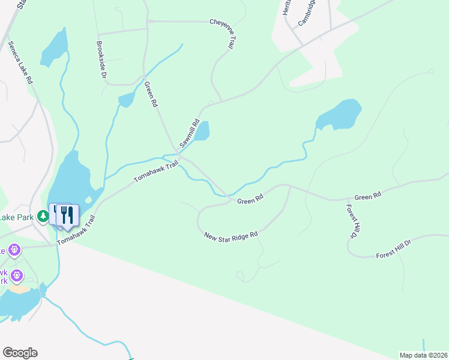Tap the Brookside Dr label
pyautogui.click(x=101, y=60)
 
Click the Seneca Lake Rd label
pyautogui.click(x=21, y=62)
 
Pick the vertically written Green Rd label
pyautogui.click(x=151, y=95)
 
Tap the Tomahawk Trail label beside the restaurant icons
pyautogui.click(x=76, y=230)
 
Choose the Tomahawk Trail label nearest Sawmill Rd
pyautogui.click(x=156, y=171)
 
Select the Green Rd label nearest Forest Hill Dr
pyautogui.click(x=367, y=197)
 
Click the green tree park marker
pyautogui.click(x=43, y=215)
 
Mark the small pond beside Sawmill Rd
pyautogui.click(x=202, y=131)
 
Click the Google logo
pyautogui.click(x=20, y=353)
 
